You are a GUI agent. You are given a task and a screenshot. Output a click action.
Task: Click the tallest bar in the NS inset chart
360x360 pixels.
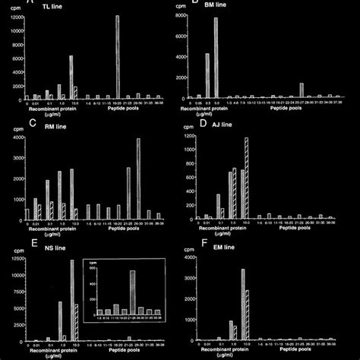coord(132,292)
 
